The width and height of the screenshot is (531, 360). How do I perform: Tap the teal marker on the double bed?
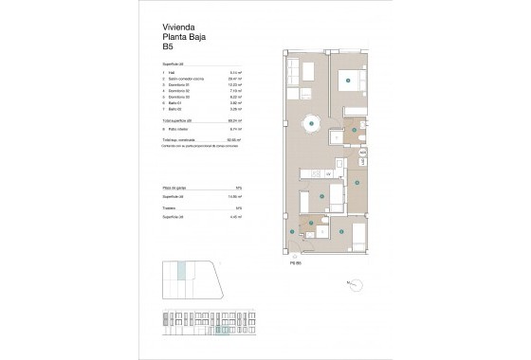(x=351, y=82)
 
